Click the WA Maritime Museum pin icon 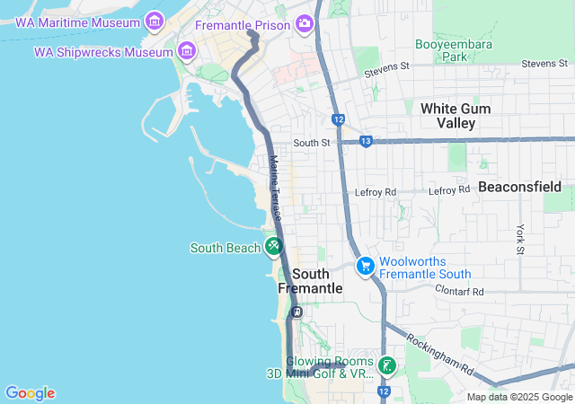pyautogui.click(x=154, y=20)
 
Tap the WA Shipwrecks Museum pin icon pyautogui.click(x=186, y=50)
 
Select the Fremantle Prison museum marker pyautogui.click(x=305, y=23)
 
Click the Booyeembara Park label pyautogui.click(x=445, y=49)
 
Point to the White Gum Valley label pyautogui.click(x=456, y=115)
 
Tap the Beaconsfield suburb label pyautogui.click(x=519, y=187)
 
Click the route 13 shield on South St pyautogui.click(x=366, y=141)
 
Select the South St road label pyautogui.click(x=312, y=142)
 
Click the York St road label pyautogui.click(x=519, y=238)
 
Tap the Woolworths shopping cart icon pyautogui.click(x=365, y=266)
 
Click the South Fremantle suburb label pyautogui.click(x=310, y=281)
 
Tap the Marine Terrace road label pyautogui.click(x=275, y=189)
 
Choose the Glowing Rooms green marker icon pyautogui.click(x=386, y=365)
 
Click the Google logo pyautogui.click(x=30, y=393)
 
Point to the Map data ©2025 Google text pyautogui.click(x=519, y=397)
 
